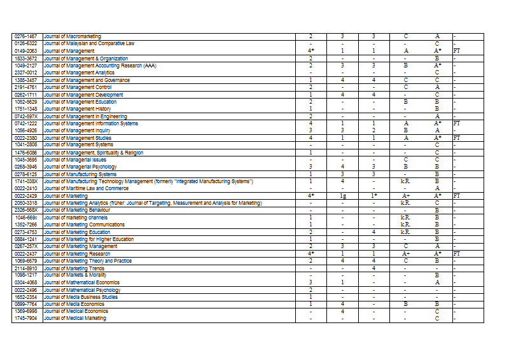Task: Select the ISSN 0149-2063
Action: click(x=26, y=50)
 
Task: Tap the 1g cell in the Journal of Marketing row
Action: click(x=342, y=197)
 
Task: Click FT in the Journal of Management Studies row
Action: click(x=457, y=137)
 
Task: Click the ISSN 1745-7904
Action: click(x=26, y=318)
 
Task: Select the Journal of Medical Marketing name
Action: click(x=75, y=318)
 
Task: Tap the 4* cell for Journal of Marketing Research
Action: click(x=310, y=254)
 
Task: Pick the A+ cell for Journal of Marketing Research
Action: click(x=405, y=254)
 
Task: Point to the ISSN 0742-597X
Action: click(x=26, y=116)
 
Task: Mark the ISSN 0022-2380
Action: click(x=26, y=137)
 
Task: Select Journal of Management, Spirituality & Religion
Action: click(x=94, y=153)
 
